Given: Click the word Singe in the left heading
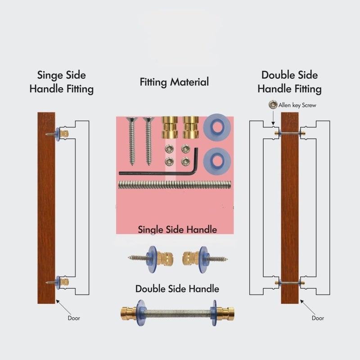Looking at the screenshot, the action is [x=50, y=76].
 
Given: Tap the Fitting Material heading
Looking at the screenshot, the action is [x=174, y=82].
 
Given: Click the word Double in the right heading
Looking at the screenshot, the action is [x=276, y=75].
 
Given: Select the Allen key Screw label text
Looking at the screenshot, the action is [x=297, y=105].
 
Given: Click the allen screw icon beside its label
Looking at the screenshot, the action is [x=273, y=105].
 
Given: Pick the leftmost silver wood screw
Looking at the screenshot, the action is [x=132, y=141].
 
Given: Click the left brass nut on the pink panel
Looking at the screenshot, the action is [x=170, y=127].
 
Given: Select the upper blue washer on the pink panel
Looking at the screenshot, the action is [x=217, y=127].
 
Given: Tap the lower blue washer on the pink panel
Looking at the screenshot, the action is [x=217, y=162].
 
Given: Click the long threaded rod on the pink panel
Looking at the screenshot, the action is [x=175, y=185].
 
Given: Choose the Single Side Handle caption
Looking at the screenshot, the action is [x=177, y=229].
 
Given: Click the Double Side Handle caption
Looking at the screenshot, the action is [x=177, y=288].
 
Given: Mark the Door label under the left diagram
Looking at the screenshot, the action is [x=74, y=318].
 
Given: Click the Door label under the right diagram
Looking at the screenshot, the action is [x=318, y=318].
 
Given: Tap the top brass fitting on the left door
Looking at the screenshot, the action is [x=64, y=133].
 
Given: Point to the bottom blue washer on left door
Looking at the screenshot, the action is [x=58, y=282].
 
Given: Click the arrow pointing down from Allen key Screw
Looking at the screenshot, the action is [x=273, y=118].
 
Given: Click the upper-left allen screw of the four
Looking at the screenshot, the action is [x=169, y=149].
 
